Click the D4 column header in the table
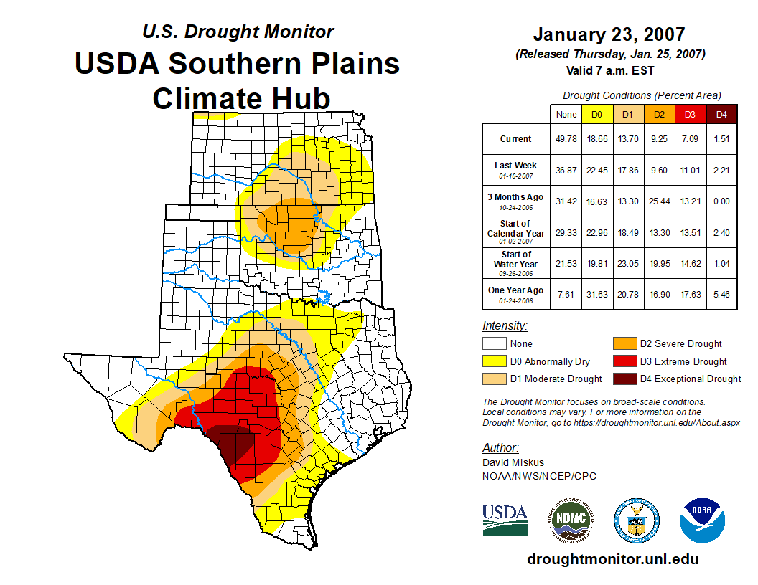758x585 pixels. coord(721,114)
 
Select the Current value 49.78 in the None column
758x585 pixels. coord(566,139)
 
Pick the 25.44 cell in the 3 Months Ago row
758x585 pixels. coord(659,201)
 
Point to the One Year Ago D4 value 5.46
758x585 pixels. coord(721,294)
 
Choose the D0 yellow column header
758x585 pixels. coord(596,114)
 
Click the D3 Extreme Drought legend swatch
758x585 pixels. coord(623,361)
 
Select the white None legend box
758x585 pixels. coord(494,344)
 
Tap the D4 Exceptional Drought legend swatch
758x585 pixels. coord(623,379)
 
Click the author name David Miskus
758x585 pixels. coord(513,462)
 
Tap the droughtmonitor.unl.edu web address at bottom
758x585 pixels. coord(612,559)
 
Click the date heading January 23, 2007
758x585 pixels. coord(609,34)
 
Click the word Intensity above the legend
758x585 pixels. coord(505,326)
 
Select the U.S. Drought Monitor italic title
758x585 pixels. coord(238,32)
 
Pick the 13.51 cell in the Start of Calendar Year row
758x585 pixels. coord(690,232)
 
